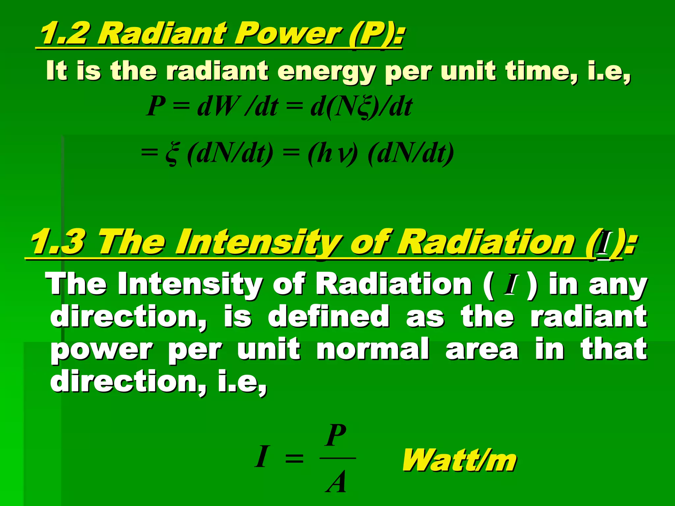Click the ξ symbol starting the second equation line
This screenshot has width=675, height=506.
(172, 154)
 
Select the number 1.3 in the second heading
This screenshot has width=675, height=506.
(58, 243)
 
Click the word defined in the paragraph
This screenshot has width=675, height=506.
(329, 316)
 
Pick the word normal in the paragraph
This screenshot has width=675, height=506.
(373, 349)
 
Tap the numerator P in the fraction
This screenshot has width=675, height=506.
(336, 435)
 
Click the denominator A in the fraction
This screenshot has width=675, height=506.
(336, 482)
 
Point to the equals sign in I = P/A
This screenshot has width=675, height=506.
(294, 458)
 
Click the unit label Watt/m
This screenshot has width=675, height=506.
(459, 460)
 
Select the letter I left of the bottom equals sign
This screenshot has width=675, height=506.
(262, 457)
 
